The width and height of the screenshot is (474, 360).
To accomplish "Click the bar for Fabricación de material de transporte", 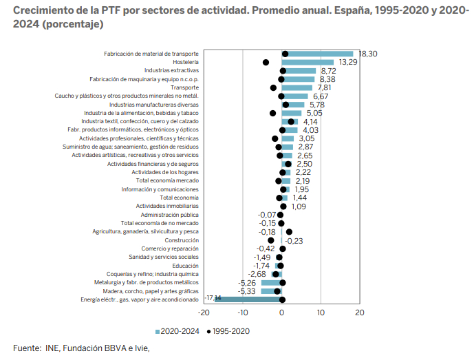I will [317, 54].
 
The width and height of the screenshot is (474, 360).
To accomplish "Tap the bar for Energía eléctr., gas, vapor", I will [248, 299].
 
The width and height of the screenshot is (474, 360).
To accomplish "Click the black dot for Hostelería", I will [266, 62].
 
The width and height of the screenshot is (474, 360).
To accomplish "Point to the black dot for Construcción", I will [271, 240].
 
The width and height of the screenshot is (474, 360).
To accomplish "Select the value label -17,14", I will [213, 298].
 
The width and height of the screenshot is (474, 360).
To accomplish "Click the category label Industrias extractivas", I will [171, 71].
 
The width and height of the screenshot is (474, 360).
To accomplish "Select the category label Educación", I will [186, 266].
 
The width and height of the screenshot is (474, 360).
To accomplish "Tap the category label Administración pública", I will [170, 215].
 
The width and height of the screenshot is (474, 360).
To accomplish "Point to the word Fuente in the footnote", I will [25, 348].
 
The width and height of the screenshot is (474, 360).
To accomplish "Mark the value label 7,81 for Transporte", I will [324, 87].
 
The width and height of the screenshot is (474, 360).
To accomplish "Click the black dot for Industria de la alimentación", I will [272, 113].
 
